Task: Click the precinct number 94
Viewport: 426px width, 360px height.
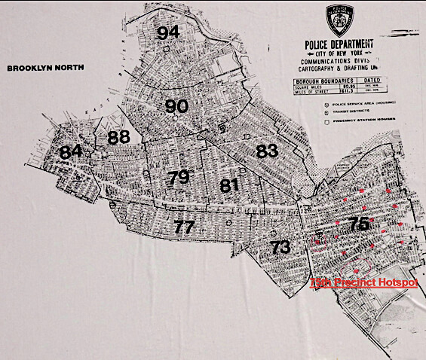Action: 169,32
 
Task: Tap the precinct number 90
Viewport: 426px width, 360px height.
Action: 176,106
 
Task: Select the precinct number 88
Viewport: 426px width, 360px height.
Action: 118,137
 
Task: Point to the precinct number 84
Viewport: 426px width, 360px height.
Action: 71,151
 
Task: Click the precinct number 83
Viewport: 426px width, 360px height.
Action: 267,150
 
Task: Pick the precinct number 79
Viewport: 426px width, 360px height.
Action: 179,178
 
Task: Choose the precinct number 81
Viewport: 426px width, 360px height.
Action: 230,185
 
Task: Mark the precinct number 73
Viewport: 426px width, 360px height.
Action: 280,246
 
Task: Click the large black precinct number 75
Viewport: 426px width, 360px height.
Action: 359,224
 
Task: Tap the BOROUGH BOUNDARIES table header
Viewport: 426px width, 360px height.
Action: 316,79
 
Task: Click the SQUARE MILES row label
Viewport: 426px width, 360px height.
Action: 303,86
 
